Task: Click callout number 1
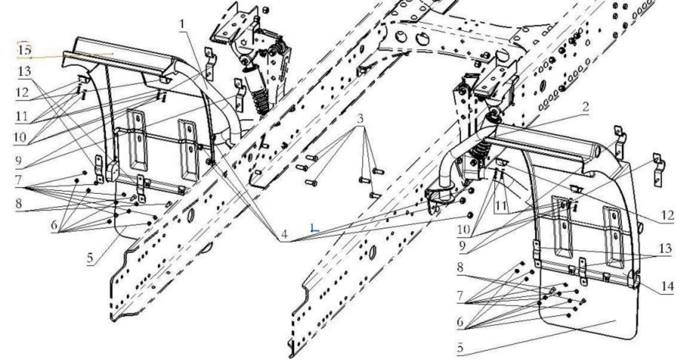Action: click(x=182, y=24)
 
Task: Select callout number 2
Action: click(x=585, y=107)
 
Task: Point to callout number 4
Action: click(x=284, y=235)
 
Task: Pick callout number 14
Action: click(x=667, y=286)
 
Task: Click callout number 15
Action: click(x=24, y=50)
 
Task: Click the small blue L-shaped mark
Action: click(x=314, y=228)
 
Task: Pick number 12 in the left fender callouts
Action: click(x=22, y=92)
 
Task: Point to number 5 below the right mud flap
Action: click(x=460, y=348)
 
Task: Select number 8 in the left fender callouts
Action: click(x=18, y=203)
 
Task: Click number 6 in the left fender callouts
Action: click(x=54, y=225)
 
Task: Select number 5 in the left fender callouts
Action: click(x=90, y=258)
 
